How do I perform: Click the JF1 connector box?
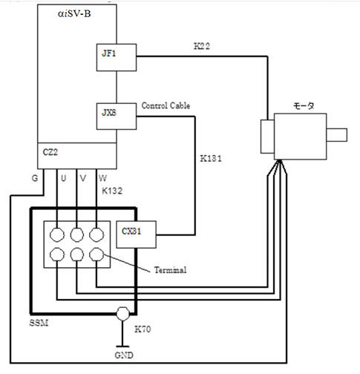[x=117, y=57]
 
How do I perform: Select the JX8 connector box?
[x=117, y=117]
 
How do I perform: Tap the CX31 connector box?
[x=136, y=234]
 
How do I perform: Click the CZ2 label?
[x=50, y=152]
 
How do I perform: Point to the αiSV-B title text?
[x=74, y=13]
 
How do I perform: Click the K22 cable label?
[x=202, y=46]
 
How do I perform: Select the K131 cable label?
[x=211, y=159]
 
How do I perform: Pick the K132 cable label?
[x=112, y=191]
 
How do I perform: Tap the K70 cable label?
[x=143, y=329]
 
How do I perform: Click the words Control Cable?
[x=166, y=105]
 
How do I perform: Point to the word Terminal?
[x=170, y=269]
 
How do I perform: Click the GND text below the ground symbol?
[x=124, y=355]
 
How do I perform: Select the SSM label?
[x=39, y=323]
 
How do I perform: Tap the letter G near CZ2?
[x=35, y=178]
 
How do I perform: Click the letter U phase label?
[x=64, y=178]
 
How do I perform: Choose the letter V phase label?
[x=83, y=178]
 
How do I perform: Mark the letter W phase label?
[x=102, y=178]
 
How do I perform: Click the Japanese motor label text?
[x=304, y=106]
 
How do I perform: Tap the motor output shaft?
[x=337, y=135]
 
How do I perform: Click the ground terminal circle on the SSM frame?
[x=122, y=314]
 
